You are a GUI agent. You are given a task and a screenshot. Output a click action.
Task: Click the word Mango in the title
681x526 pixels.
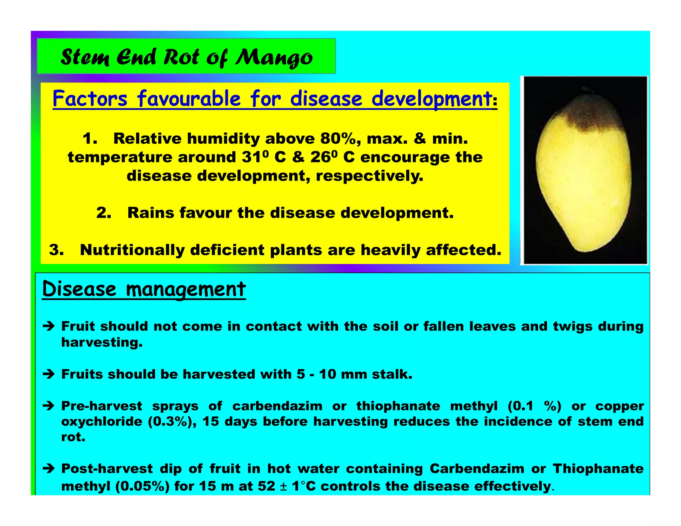[x=274, y=57]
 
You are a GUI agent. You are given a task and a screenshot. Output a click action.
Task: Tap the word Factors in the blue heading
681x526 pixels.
[x=90, y=99]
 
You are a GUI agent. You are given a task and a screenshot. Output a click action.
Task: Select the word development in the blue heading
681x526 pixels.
[x=431, y=99]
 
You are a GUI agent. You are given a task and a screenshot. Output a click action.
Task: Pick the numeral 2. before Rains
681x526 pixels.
[x=103, y=213]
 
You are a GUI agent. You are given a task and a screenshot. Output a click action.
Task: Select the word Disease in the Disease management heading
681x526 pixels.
[x=79, y=289]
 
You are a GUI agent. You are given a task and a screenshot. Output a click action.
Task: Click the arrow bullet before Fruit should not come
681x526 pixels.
[x=49, y=326]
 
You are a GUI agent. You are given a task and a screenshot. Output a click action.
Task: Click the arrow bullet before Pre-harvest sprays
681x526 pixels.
[x=49, y=406]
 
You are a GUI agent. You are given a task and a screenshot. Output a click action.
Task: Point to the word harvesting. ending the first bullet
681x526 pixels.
[x=102, y=342]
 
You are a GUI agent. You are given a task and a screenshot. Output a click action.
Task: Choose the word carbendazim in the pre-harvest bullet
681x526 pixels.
[x=277, y=406]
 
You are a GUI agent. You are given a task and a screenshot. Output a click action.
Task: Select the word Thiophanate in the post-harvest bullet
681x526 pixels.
[x=598, y=469]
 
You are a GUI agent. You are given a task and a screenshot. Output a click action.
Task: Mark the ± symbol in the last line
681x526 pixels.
[x=283, y=486]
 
